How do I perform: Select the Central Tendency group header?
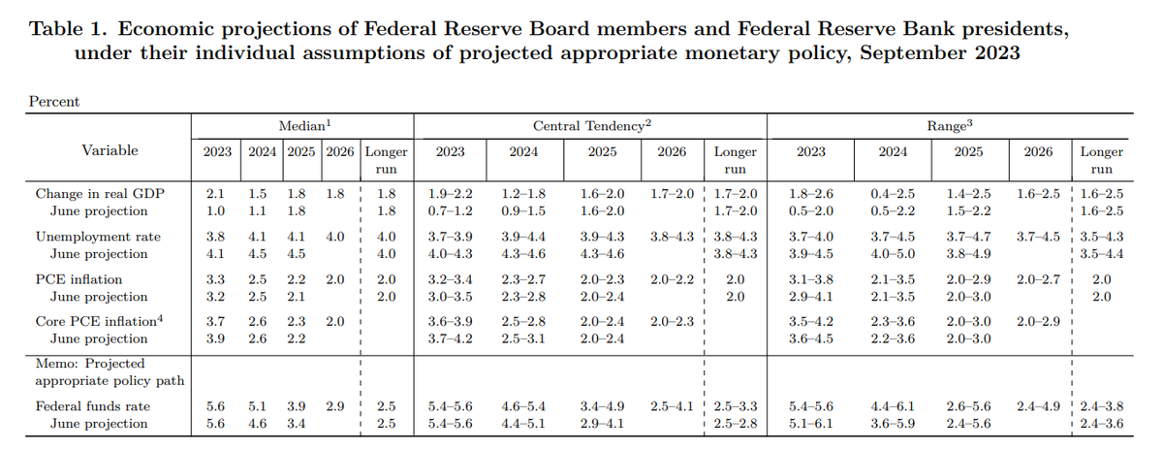(591, 126)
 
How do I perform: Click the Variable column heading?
(110, 150)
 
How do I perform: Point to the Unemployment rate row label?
(98, 237)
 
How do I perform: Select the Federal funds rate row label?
(93, 406)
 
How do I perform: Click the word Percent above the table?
(54, 101)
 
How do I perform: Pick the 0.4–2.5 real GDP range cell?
(893, 194)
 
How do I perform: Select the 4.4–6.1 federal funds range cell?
(893, 406)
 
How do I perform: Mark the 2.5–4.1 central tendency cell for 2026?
(673, 406)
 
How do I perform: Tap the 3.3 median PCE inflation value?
(216, 279)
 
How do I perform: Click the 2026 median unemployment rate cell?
(335, 237)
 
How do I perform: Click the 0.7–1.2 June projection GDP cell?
(451, 210)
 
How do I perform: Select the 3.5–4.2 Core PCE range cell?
(811, 321)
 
